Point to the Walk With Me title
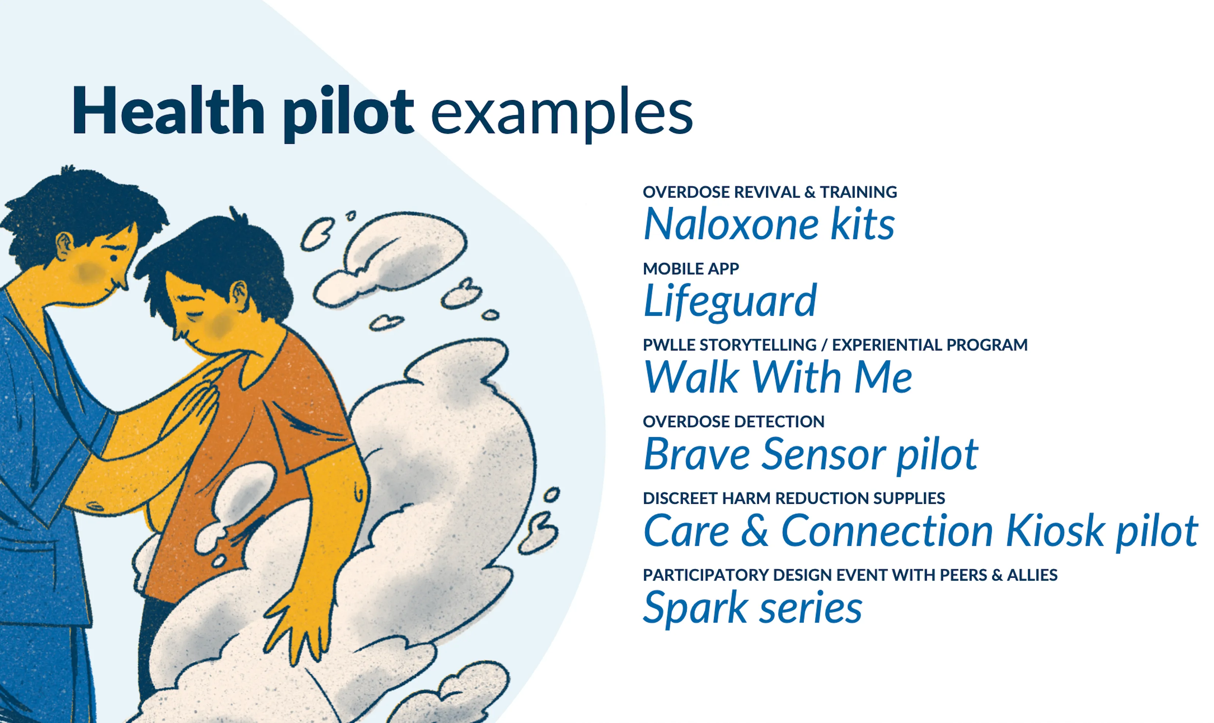777,377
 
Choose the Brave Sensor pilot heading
810,454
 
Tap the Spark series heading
752,607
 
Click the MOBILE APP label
690,268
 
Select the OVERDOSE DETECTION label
733,421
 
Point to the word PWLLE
669,345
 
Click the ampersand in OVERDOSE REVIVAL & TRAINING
809,192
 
